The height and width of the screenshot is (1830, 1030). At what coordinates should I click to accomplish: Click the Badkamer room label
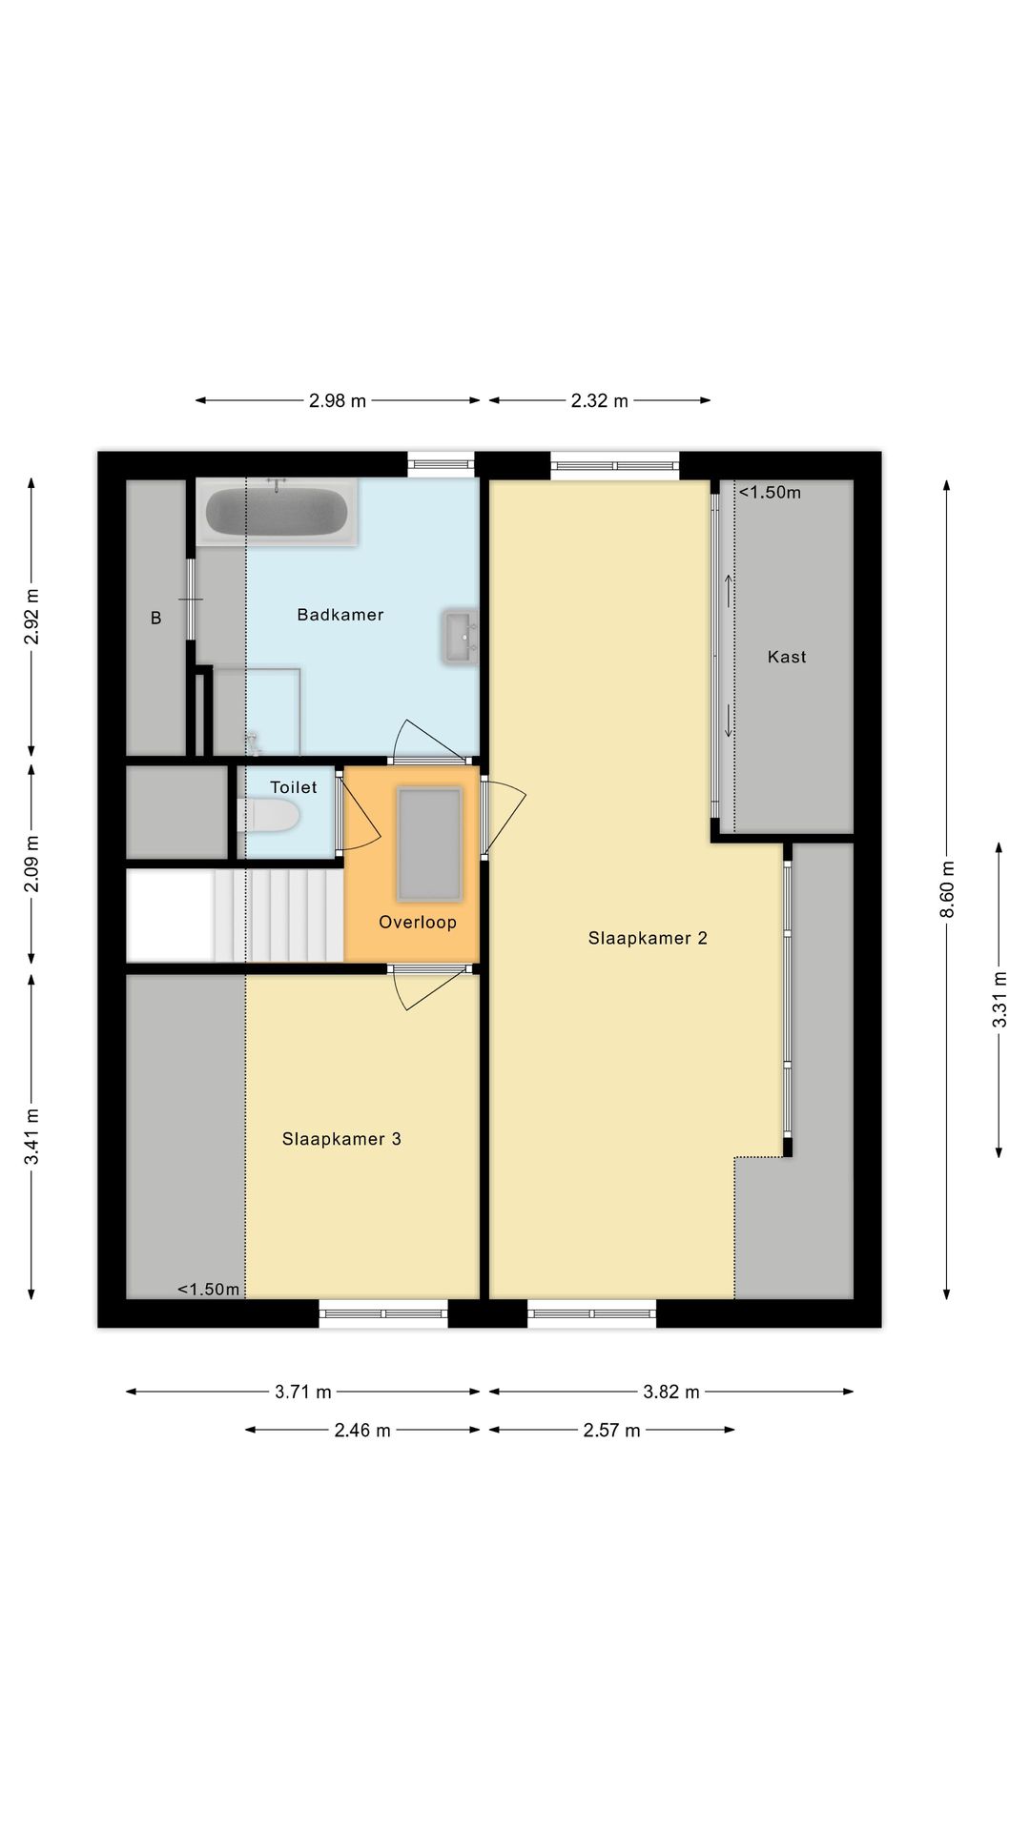(x=340, y=615)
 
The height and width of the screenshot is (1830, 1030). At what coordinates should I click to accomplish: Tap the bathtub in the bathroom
(x=277, y=512)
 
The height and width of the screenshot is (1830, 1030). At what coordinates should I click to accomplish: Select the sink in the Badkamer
(x=460, y=637)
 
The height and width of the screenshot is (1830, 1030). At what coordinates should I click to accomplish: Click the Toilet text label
(x=294, y=787)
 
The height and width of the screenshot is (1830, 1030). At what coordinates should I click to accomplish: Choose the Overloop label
(x=418, y=922)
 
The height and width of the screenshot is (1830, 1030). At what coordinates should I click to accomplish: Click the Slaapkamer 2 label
(x=648, y=938)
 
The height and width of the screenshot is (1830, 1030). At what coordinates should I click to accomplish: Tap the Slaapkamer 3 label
(x=341, y=1139)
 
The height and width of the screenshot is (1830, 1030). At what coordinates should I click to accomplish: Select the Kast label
(x=787, y=657)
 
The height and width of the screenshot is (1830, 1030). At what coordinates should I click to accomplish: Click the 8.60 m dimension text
(x=947, y=889)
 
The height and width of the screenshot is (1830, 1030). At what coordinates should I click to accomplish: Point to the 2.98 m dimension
(x=338, y=401)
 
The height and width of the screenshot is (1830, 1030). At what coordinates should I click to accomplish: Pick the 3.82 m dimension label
(x=671, y=1392)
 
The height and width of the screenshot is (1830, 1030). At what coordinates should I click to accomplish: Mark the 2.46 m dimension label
(x=362, y=1430)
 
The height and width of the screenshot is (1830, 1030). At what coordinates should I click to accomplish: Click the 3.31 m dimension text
(x=999, y=999)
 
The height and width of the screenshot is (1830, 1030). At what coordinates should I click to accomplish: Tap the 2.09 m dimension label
(x=31, y=864)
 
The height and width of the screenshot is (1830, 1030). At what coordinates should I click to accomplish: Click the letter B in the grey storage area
(x=156, y=619)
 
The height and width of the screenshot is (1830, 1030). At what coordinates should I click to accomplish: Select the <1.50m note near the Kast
(x=770, y=493)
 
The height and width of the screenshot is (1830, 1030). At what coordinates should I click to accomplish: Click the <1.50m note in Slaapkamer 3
(x=209, y=1290)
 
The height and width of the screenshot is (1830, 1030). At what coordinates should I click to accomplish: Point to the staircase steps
(x=278, y=915)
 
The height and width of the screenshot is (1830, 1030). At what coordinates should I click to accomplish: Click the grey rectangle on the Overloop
(x=429, y=844)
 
